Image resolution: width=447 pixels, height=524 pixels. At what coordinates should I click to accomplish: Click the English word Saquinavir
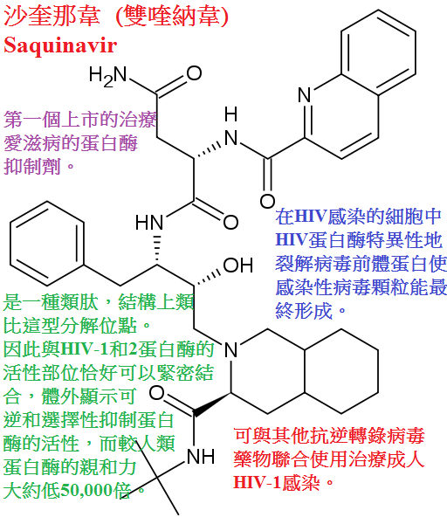pyautogui.click(x=60, y=45)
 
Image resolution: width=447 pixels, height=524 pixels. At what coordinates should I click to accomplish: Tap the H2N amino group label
pyautogui.click(x=108, y=75)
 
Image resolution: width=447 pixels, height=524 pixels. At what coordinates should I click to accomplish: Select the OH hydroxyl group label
pyautogui.click(x=237, y=265)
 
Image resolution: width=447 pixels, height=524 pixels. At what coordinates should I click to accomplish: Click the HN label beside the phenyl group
pyautogui.click(x=149, y=222)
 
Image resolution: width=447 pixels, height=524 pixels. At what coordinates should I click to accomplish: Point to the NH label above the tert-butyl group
pyautogui.click(x=201, y=457)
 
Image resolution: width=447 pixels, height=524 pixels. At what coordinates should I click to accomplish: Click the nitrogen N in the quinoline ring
pyautogui.click(x=305, y=95)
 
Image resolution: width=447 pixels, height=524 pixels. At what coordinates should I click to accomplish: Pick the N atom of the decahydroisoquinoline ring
pyautogui.click(x=230, y=349)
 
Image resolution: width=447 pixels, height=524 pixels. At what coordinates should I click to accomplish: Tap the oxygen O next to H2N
pyautogui.click(x=195, y=73)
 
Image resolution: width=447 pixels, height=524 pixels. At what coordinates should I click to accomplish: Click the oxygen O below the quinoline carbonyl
pyautogui.click(x=268, y=201)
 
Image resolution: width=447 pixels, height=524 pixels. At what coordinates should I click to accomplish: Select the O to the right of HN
pyautogui.click(x=230, y=222)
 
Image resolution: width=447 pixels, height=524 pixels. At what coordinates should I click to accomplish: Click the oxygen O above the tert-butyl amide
pyautogui.click(x=157, y=393)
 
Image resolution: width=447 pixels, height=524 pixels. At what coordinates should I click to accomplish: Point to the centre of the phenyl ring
pyautogui.click(x=47, y=244)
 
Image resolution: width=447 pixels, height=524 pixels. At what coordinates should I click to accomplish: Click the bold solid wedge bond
pyautogui.click(x=212, y=404)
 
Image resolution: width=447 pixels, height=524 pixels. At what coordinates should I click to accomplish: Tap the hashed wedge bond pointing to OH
pyautogui.click(x=207, y=278)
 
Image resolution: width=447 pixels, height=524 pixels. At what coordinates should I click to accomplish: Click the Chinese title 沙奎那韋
pyautogui.click(x=52, y=16)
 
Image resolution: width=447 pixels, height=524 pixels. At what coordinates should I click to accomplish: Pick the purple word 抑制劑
pyautogui.click(x=32, y=166)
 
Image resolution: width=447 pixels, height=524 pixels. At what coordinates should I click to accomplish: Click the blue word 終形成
pyautogui.click(x=304, y=311)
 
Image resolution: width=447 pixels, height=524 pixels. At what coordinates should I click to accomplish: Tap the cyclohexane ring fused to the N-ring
pyautogui.click(x=341, y=371)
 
